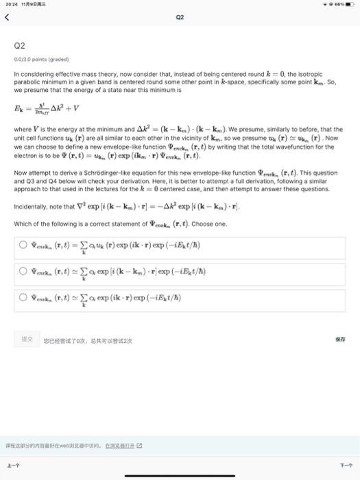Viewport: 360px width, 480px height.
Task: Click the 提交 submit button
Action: pos(27,338)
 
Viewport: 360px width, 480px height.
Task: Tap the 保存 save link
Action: pos(339,338)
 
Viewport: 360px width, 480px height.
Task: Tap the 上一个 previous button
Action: pos(12,464)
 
